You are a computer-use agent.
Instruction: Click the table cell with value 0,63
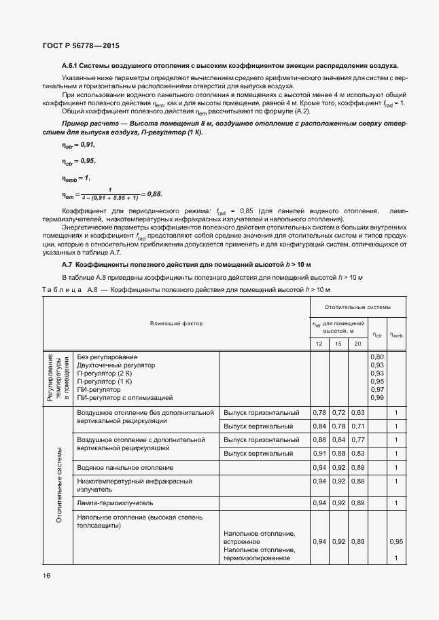[x=357, y=412]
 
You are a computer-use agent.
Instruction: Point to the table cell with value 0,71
[x=357, y=426]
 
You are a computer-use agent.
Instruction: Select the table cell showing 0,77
[x=357, y=439]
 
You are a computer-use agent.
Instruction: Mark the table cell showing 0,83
[x=357, y=453]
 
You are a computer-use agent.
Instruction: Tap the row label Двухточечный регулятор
[x=116, y=365]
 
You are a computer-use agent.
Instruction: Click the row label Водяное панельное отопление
[x=125, y=468]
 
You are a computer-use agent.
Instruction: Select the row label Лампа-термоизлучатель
[x=115, y=503]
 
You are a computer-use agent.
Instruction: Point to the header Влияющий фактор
[x=176, y=323]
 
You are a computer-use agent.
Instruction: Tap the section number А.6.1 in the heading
[x=71, y=67]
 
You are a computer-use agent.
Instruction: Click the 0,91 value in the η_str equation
[x=88, y=145]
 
